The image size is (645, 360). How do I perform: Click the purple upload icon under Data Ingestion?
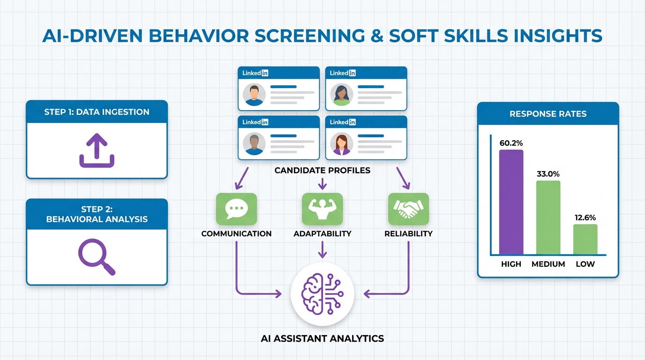[97, 150]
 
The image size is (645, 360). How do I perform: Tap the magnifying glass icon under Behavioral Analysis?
[97, 256]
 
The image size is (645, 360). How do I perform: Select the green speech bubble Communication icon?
[236, 209]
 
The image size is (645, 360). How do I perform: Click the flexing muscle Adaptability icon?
[322, 209]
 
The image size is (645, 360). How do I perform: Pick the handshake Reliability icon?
[408, 209]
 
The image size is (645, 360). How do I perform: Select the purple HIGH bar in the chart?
[511, 202]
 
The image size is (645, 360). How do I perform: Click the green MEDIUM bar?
[548, 217]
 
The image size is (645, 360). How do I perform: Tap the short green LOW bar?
[585, 239]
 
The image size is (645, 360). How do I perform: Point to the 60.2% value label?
[511, 143]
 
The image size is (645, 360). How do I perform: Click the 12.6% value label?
[585, 217]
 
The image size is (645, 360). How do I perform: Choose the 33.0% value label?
[548, 174]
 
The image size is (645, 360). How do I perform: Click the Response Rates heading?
[548, 114]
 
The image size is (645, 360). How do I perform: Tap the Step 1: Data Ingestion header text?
[97, 112]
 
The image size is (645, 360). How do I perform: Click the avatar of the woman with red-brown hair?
[341, 144]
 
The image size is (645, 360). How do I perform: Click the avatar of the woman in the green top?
[341, 95]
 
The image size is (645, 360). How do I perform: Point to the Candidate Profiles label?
[322, 170]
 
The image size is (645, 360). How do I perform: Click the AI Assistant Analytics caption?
[322, 338]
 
